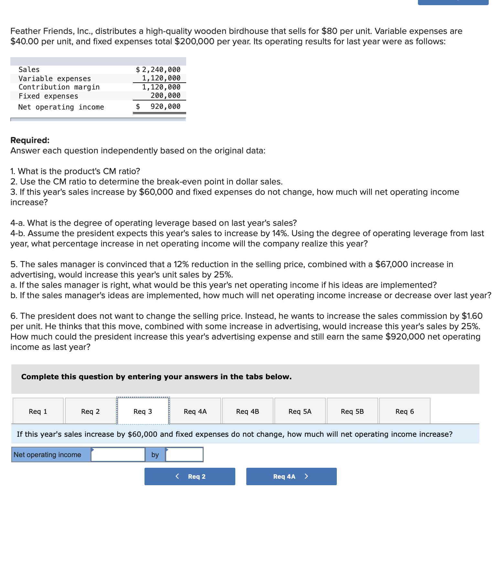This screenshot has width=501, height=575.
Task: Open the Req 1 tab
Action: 38,411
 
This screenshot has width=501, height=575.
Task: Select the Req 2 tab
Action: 91,411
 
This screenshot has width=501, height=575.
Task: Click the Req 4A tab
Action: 195,411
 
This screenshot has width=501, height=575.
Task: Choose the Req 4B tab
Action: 248,411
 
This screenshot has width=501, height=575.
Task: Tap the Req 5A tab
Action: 300,411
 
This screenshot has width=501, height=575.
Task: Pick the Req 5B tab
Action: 352,411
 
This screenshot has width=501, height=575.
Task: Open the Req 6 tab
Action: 405,411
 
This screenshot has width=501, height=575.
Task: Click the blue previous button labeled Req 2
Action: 190,476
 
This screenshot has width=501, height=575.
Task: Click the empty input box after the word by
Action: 184,455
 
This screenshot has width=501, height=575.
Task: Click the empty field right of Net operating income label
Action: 118,455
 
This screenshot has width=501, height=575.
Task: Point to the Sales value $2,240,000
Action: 158,69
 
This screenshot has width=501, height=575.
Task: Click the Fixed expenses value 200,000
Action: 165,95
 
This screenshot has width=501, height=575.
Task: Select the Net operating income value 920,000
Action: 165,107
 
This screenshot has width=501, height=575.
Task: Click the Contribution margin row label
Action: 59,87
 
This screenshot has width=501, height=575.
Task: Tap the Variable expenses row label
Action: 55,78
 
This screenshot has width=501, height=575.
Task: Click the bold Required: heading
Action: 30,140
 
